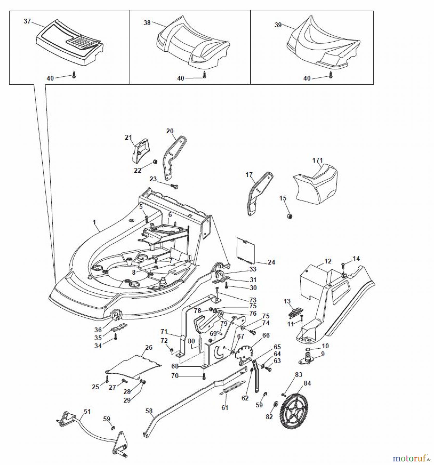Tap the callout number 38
tap(147, 23)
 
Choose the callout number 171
tap(317, 160)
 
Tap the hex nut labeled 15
tap(290, 216)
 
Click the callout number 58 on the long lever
tap(149, 411)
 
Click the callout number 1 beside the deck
tap(94, 222)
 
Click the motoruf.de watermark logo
tap(411, 459)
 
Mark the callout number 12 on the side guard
tap(328, 261)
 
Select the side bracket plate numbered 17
tap(258, 192)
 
